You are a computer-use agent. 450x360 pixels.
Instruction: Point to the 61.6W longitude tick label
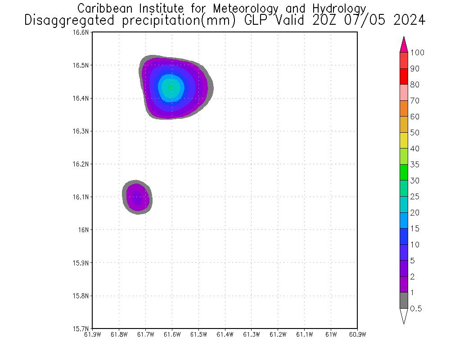pos(172,334)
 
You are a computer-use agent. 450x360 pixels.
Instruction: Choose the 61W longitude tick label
pos(331,334)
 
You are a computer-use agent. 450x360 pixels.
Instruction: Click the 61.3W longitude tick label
pos(251,334)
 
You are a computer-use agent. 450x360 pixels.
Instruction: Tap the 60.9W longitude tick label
pos(357,334)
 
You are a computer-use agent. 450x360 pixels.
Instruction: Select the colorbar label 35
pos(414,165)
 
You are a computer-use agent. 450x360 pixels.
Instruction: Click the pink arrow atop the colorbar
pos(404,45)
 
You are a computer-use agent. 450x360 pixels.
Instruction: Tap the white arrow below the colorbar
pos(404,315)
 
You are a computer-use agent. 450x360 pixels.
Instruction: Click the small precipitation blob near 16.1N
pos(137,197)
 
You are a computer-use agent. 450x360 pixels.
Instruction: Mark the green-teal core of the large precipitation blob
pos(171,87)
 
